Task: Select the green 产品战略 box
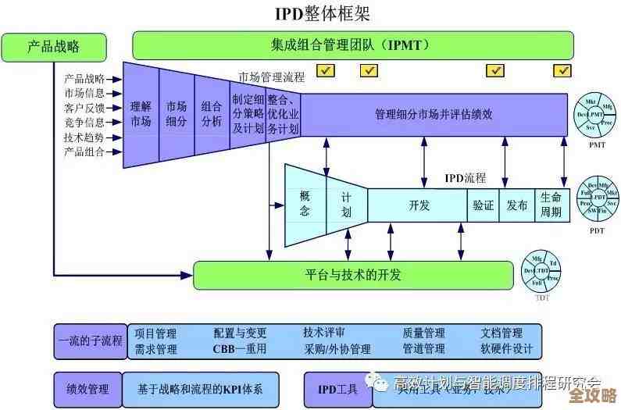53,47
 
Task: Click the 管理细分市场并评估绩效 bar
434,114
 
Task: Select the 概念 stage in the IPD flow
305,204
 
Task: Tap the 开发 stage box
419,205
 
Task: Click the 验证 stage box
483,205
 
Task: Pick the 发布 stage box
516,205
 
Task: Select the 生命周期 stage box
550,205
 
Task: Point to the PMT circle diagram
597,117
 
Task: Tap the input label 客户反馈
84,108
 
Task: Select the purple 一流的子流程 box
90,341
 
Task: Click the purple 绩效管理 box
87,388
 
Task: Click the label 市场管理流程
271,77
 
